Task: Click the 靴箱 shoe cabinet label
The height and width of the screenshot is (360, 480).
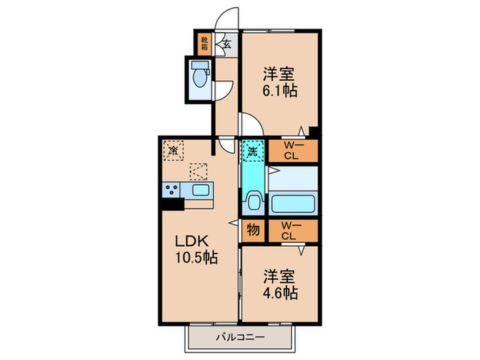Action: pos(204,45)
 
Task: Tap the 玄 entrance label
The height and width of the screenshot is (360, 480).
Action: pos(225,45)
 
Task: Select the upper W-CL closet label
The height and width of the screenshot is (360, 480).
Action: pos(293,149)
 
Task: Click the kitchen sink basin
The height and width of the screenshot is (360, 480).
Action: pos(201,190)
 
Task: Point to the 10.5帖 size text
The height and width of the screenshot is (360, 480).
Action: pos(195,259)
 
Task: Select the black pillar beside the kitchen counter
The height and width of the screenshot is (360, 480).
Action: pos(171,204)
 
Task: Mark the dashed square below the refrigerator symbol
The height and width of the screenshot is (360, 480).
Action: pos(198,171)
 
